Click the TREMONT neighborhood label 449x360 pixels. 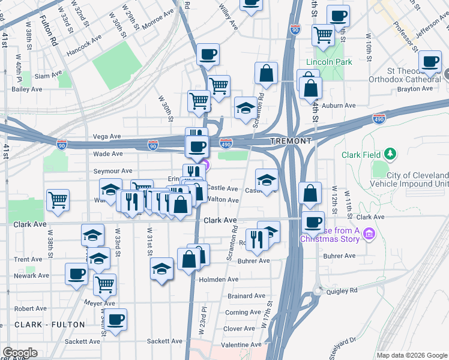click(291, 140)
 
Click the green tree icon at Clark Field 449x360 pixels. click(390, 154)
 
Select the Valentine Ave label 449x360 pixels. click(243, 345)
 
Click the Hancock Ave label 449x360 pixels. click(84, 44)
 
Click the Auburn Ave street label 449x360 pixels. click(339, 106)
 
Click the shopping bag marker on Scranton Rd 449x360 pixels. click(266, 73)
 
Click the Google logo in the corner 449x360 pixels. click(20, 353)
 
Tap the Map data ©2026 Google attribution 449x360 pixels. click(411, 355)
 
